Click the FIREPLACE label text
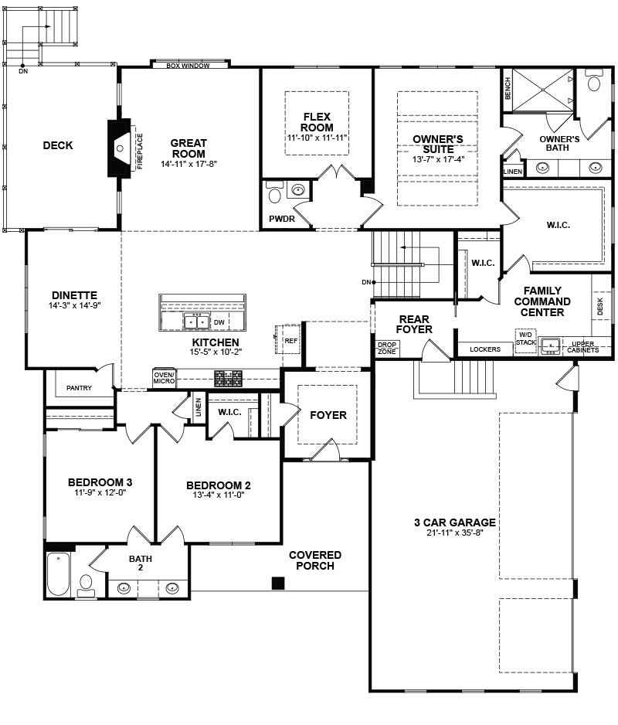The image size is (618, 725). point(140,151)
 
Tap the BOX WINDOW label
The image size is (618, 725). point(188,66)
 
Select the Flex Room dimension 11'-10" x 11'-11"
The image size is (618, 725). point(317,138)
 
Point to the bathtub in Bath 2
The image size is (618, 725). point(59,574)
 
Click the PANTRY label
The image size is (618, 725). point(79,388)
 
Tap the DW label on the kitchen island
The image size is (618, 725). point(219,322)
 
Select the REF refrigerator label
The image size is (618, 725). point(290,341)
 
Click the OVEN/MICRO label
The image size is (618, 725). point(164,378)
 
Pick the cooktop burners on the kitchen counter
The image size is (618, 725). point(229,379)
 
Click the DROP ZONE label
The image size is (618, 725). point(387,348)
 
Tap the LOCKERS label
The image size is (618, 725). point(485,349)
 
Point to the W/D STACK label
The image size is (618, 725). point(525,339)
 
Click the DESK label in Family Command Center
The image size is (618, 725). point(600,306)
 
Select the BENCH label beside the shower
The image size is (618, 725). point(508,88)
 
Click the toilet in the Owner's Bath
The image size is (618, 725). point(593,80)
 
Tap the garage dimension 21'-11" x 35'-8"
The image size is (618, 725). point(455,533)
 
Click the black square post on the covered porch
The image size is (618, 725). point(278,583)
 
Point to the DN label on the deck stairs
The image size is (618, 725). point(23,71)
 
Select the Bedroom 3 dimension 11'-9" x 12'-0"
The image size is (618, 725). point(100,492)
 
